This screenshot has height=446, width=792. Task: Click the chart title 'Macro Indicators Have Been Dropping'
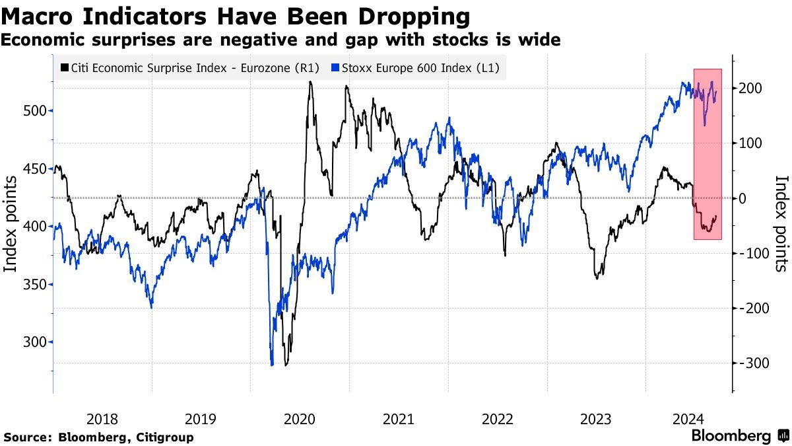[x=236, y=15]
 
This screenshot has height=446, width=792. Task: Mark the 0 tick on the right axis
[x=742, y=198]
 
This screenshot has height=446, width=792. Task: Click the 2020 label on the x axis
[x=300, y=418]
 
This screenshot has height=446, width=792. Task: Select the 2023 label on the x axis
[x=595, y=418]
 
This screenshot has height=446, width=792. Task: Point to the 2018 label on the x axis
[x=102, y=418]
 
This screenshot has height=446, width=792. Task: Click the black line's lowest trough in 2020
[x=286, y=365]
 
